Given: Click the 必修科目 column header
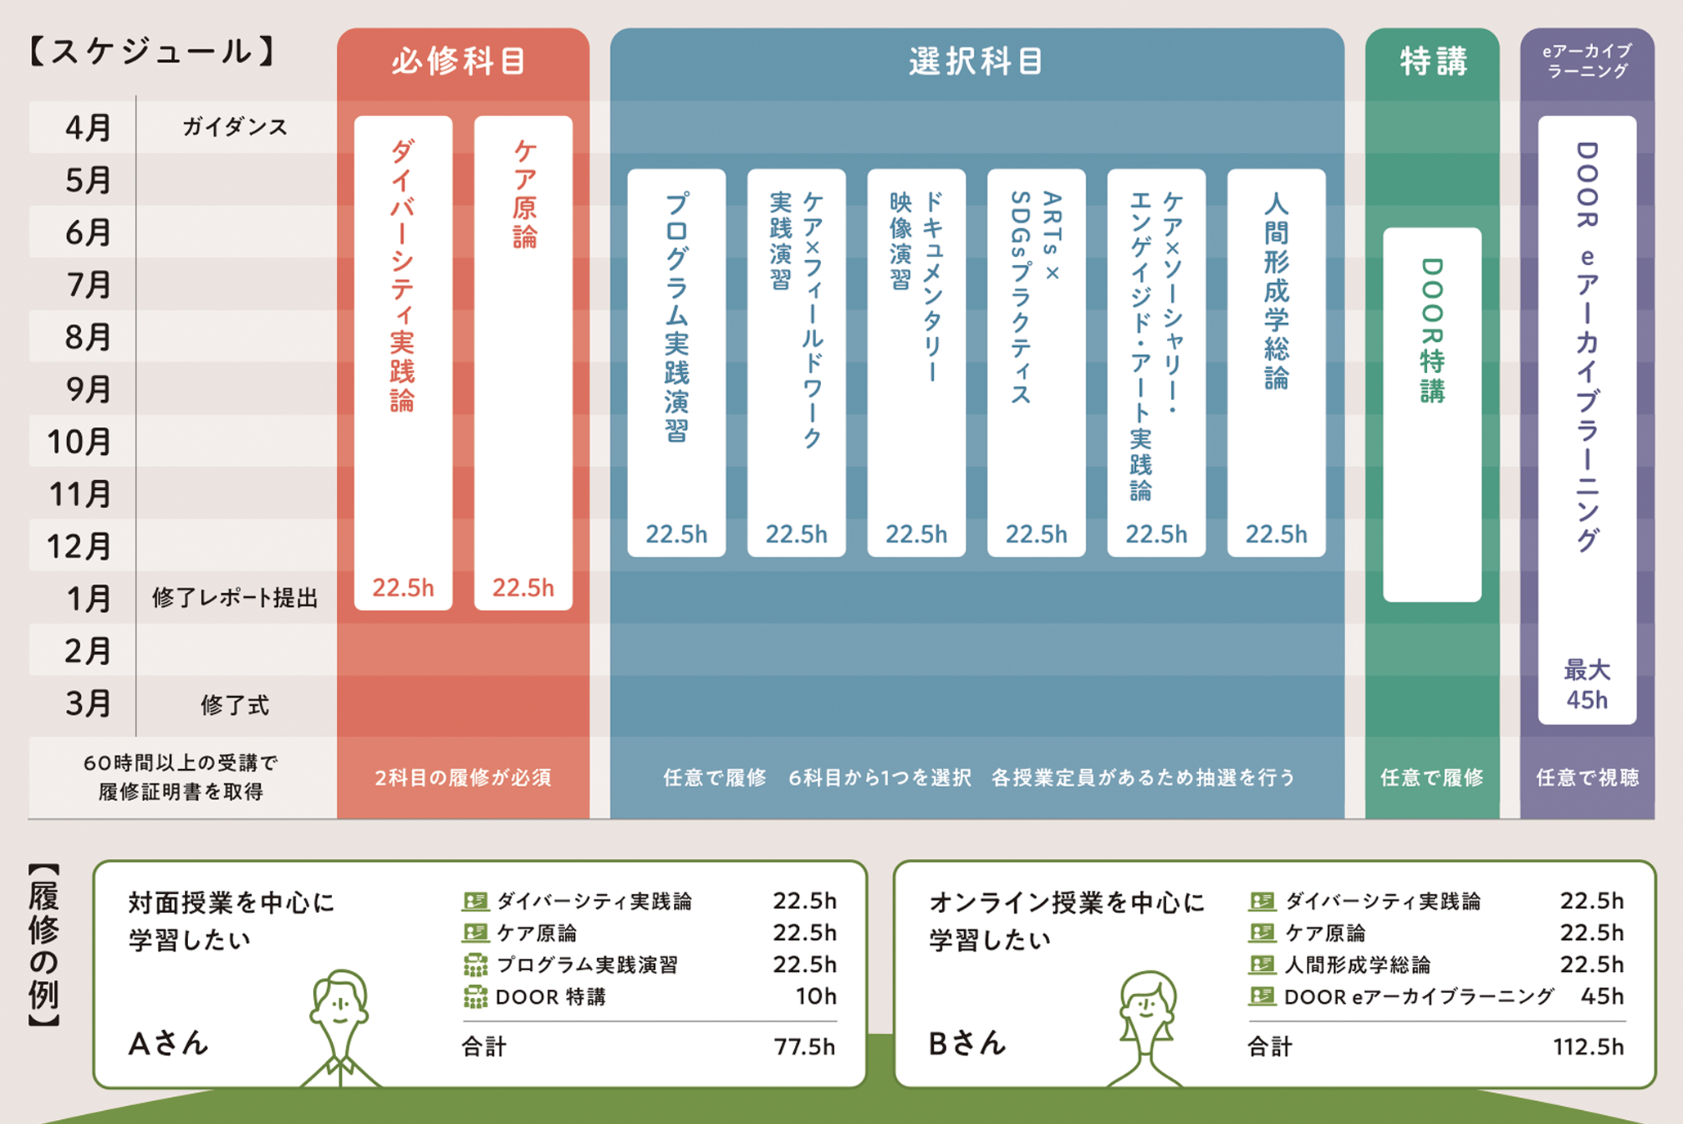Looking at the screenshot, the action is coord(459,61).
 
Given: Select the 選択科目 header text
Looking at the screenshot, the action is coord(976,61).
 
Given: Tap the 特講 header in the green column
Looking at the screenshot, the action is coord(1433,61).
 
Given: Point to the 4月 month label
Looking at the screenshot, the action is coord(88,128).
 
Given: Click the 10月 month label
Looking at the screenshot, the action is coord(79,442).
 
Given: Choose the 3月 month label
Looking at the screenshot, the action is coord(88,704).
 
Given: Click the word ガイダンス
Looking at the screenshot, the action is coord(235,127).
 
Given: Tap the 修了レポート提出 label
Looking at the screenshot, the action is coord(235,598).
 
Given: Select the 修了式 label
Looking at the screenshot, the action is coord(235,704).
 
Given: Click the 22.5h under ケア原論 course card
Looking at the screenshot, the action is coord(523,587).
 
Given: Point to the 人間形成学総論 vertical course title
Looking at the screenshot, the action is coord(1276,290).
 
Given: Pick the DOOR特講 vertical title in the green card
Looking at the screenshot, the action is coord(1432,330).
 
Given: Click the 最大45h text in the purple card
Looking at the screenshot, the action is coord(1587,685).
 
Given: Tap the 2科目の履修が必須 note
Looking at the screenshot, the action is coord(463,777).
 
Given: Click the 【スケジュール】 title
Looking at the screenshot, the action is coord(152,52).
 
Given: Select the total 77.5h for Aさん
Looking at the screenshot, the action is coord(805,1046).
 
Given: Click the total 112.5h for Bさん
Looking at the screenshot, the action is coord(1589,1046).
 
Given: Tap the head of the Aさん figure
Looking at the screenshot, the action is coord(339,1001).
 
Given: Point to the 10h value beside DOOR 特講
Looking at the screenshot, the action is coord(816,996).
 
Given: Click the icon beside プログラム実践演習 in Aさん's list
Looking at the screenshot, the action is coord(475,965).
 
